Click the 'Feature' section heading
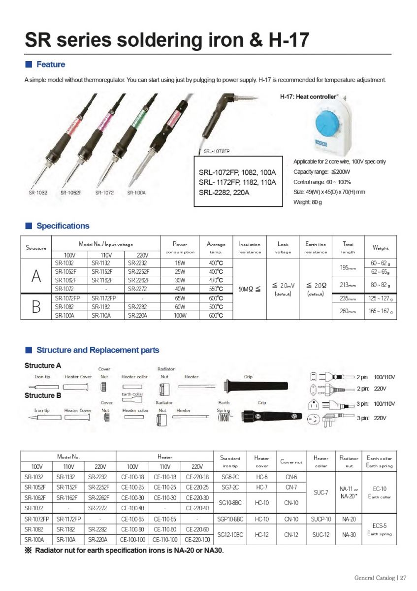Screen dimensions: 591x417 tap(50, 65)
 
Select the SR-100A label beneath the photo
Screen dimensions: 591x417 tap(136, 193)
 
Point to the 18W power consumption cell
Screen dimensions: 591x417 tap(180, 263)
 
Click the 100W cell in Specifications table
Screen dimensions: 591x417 tap(180, 315)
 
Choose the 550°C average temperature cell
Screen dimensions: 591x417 tap(216, 289)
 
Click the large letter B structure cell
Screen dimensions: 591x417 tap(36, 306)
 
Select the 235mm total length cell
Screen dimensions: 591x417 tap(348, 298)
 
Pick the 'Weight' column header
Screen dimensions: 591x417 tap(381, 248)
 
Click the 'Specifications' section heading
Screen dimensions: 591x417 tap(63, 226)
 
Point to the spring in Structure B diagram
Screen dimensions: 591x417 tap(224, 417)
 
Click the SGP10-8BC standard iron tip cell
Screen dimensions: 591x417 tap(230, 519)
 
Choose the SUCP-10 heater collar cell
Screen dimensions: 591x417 tap(321, 519)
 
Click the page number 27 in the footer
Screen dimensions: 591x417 tap(403, 578)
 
